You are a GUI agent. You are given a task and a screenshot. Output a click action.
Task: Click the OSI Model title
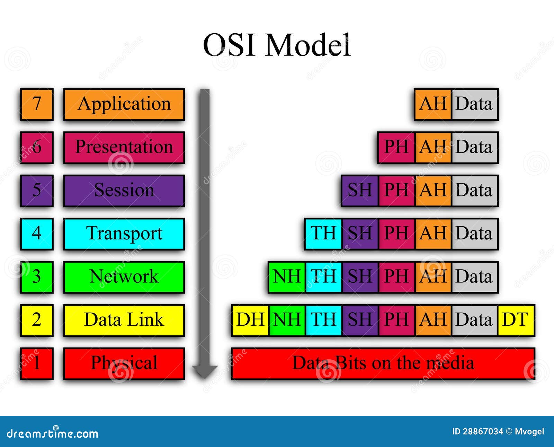point(276,45)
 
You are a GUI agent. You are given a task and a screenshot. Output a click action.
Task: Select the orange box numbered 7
point(37,104)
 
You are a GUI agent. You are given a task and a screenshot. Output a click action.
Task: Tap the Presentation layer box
point(124,147)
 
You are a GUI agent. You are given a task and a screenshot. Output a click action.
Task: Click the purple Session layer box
point(124,191)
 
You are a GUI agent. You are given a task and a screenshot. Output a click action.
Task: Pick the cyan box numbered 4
point(37,234)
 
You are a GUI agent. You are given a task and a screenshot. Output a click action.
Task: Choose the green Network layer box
point(124,277)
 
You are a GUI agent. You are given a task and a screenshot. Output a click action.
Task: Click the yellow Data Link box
point(124,320)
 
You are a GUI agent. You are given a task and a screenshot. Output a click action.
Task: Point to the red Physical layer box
point(124,363)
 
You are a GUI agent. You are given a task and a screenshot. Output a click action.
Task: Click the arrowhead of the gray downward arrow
point(205,371)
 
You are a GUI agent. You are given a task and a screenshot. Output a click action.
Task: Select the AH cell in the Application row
point(433,104)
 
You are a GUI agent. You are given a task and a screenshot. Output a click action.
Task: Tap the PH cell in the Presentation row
point(396,147)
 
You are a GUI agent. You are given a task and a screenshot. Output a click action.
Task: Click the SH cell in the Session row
point(359,191)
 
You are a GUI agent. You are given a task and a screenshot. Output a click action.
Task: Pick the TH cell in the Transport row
point(323,234)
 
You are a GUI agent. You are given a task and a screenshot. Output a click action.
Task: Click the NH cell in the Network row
point(287,277)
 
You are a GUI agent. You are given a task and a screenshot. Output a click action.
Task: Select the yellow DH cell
point(250,320)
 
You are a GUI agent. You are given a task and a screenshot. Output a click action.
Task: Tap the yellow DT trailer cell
point(516,320)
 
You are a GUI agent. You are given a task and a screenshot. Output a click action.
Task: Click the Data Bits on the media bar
point(383,363)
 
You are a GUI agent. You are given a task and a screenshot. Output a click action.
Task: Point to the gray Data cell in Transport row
point(474,234)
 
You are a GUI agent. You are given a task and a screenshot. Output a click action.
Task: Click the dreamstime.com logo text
point(53,433)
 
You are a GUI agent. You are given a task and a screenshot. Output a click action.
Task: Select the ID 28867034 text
point(477,431)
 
